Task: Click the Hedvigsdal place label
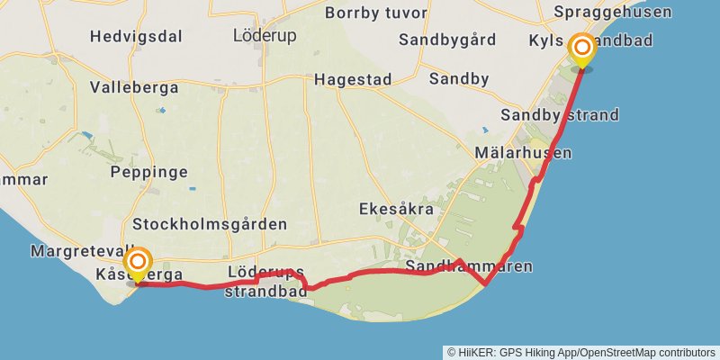(136, 37)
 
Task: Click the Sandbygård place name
(447, 40)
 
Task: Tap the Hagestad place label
(353, 79)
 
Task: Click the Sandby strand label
(560, 114)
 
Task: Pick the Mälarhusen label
(526, 153)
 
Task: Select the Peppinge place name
(148, 171)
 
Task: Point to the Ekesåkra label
(395, 209)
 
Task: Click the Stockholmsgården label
(209, 224)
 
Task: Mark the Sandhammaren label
(469, 266)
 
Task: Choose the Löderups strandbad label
(265, 281)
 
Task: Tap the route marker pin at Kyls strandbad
(582, 49)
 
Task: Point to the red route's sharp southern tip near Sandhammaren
(486, 284)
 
